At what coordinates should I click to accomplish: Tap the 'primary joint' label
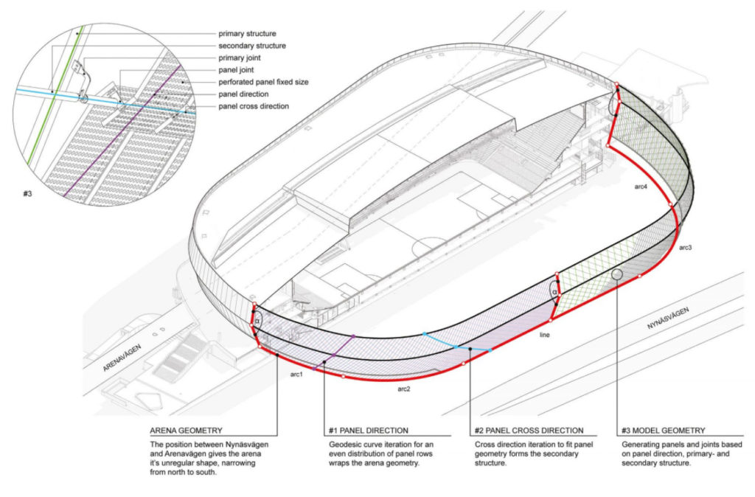(244, 58)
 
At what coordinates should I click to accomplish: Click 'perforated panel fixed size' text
(267, 82)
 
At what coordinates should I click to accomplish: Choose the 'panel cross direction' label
(254, 106)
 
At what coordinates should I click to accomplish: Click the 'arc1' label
(296, 375)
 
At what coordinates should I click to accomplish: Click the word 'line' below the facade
(544, 335)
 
